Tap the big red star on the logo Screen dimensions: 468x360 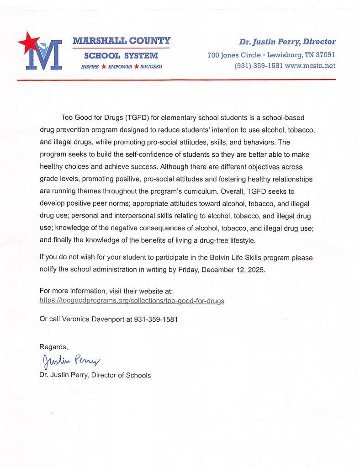tap(29, 43)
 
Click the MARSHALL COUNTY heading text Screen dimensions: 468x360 tap(121, 41)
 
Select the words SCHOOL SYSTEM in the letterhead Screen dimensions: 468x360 tap(121, 56)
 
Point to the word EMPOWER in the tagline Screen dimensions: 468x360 tap(120, 67)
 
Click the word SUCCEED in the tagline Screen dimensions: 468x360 tap(151, 67)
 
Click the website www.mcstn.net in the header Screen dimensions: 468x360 tap(310, 66)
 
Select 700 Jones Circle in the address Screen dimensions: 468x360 tap(234, 55)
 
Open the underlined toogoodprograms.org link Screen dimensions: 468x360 tap(132, 301)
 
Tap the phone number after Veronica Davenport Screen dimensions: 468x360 tap(156, 319)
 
